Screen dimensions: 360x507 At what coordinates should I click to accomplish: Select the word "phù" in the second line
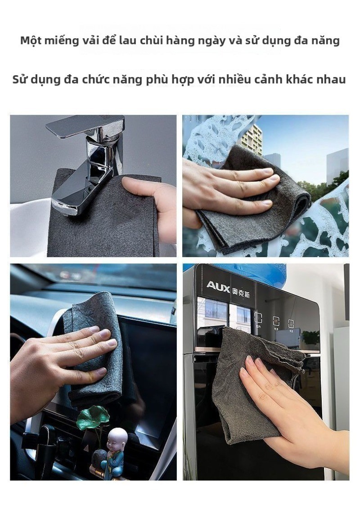pyautogui.click(x=156, y=80)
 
